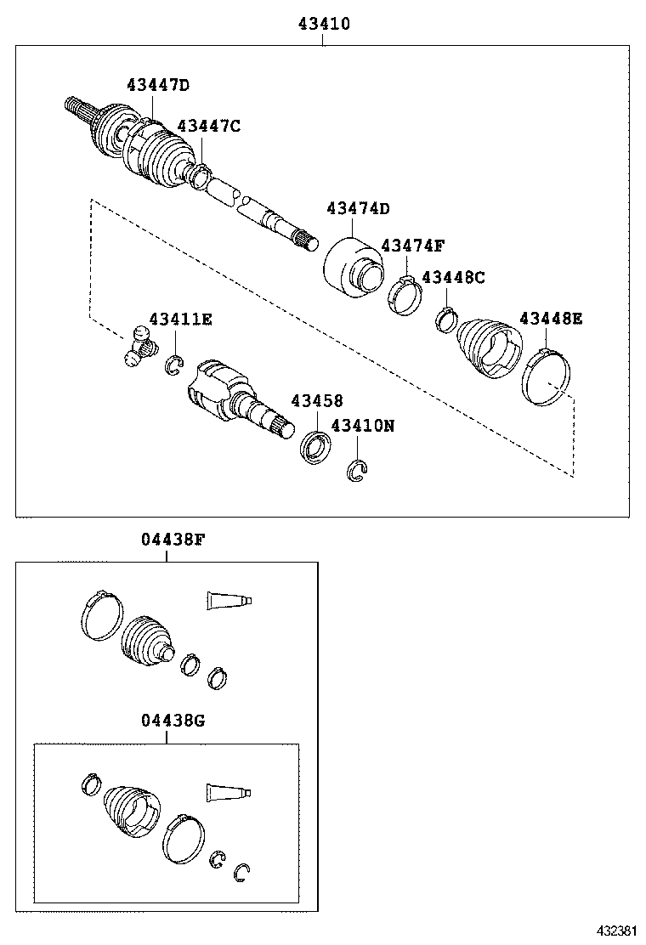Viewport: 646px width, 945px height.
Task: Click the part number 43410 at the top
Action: tap(324, 25)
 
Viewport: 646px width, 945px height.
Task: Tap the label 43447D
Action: tap(157, 84)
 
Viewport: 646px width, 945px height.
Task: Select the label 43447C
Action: tap(209, 126)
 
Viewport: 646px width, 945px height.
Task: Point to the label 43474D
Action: tap(358, 208)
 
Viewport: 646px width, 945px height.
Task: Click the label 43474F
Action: tap(412, 246)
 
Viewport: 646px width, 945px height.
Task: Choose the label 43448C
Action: tap(453, 277)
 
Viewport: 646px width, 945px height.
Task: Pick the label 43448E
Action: tap(551, 318)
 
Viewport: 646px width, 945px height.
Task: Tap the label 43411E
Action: tap(180, 319)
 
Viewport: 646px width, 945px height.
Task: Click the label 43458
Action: tap(317, 399)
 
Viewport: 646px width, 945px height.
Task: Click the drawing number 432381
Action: tap(615, 931)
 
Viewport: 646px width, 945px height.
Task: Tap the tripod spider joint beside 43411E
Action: tap(139, 348)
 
